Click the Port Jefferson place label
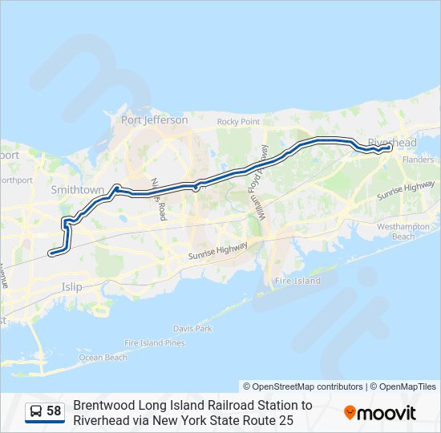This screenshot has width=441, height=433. [x=154, y=120]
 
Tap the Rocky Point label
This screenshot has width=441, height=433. [x=239, y=122]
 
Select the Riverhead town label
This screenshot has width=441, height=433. [x=392, y=143]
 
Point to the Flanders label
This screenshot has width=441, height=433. [x=418, y=160]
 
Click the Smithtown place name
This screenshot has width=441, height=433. [x=78, y=190]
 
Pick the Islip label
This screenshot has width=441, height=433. [x=72, y=285]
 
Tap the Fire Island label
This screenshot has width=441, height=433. [x=297, y=281]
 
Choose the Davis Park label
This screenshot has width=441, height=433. [x=192, y=329]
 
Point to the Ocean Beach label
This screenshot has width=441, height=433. [x=103, y=358]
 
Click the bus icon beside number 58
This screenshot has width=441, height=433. [x=36, y=412]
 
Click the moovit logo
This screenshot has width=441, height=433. [x=380, y=413]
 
